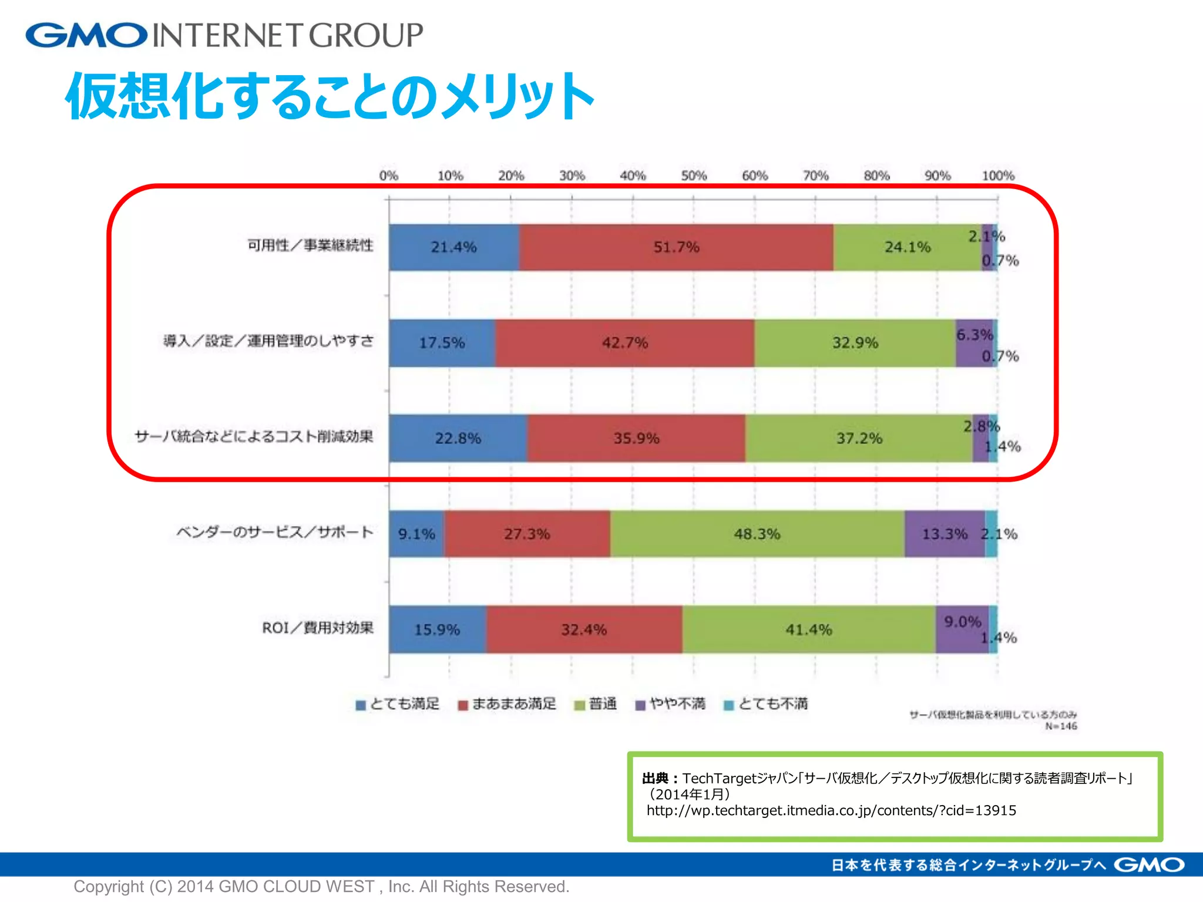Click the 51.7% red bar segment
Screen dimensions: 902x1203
[x=676, y=247]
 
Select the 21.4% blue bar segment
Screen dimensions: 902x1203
[x=453, y=247]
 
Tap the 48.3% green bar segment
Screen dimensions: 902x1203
[x=757, y=534]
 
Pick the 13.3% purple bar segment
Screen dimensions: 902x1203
[x=944, y=534]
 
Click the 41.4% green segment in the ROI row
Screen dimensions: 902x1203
[x=808, y=630]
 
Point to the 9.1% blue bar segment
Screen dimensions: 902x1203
[x=416, y=534]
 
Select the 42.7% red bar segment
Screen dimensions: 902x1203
[x=624, y=343]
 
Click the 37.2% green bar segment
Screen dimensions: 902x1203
[x=859, y=438]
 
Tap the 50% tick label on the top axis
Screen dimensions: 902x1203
[x=694, y=176]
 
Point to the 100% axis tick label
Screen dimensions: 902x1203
[x=998, y=176]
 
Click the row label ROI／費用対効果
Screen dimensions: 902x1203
[x=317, y=628]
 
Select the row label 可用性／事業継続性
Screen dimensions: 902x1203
[x=310, y=245]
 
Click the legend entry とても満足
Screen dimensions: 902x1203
[x=398, y=704]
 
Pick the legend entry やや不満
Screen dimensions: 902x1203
[x=671, y=704]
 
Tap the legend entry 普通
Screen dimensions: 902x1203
[x=596, y=704]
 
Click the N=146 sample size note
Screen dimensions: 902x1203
[x=1061, y=726]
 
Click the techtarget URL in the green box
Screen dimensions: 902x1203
[x=831, y=810]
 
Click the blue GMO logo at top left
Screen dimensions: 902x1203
[x=86, y=35]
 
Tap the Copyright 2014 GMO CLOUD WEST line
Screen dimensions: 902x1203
[x=321, y=886]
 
